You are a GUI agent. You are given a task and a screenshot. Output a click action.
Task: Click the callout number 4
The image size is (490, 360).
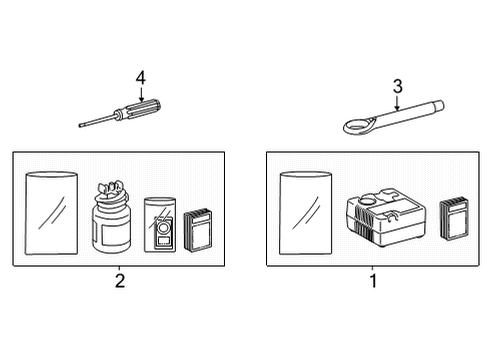click(x=141, y=78)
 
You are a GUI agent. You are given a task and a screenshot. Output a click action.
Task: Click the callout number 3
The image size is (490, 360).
click(x=398, y=86)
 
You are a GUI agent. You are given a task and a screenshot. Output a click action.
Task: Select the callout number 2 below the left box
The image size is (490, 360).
click(x=120, y=281)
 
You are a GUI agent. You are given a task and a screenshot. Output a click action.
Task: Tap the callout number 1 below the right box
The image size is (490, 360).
click(x=373, y=281)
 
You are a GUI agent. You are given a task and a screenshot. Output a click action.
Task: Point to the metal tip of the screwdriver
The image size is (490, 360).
click(x=81, y=125)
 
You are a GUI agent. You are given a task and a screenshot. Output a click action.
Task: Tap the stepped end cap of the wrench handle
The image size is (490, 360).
click(x=438, y=106)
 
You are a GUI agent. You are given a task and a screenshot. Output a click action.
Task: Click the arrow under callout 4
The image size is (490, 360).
click(x=141, y=94)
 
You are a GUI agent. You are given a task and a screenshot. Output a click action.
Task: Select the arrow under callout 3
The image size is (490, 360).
click(x=397, y=103)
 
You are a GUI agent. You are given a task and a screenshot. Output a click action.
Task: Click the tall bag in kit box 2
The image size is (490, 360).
click(x=51, y=213)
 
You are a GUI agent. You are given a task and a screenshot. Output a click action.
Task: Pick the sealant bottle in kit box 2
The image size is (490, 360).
click(x=111, y=217)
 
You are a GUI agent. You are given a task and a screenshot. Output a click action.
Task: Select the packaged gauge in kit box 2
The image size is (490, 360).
click(x=160, y=225)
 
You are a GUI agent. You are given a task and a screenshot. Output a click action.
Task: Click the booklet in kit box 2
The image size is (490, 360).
click(x=198, y=230)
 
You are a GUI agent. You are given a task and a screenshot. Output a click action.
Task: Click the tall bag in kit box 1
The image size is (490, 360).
click(x=305, y=213)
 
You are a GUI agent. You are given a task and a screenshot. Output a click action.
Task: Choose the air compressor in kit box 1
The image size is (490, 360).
click(x=386, y=217)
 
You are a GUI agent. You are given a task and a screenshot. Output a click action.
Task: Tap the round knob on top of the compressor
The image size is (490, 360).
click(x=367, y=199)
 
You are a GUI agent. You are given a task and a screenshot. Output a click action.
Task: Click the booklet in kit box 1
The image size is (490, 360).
click(x=454, y=219)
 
